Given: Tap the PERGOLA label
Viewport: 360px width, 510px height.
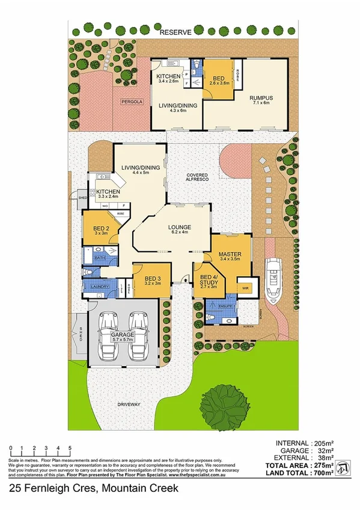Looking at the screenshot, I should [132, 102].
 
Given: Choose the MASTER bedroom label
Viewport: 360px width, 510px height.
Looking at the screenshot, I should [230, 254].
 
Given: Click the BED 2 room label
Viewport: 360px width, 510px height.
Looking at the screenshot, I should [101, 229].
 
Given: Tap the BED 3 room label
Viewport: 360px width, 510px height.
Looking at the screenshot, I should [153, 278].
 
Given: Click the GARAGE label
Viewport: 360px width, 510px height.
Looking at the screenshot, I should [122, 334].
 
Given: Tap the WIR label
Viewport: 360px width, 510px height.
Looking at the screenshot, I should [245, 287].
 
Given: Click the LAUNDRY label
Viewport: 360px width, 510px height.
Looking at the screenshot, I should [100, 287].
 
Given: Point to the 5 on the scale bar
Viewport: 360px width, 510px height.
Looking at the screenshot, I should [70, 448].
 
